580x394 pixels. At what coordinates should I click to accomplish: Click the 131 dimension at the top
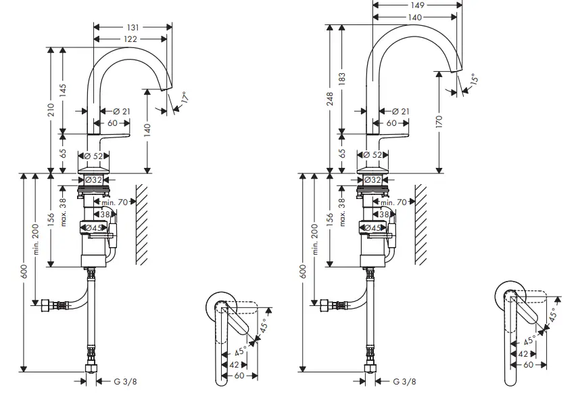[x=132, y=27]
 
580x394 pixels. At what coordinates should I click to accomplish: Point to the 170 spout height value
[x=439, y=122]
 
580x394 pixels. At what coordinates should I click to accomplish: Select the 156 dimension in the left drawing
[x=49, y=220]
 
